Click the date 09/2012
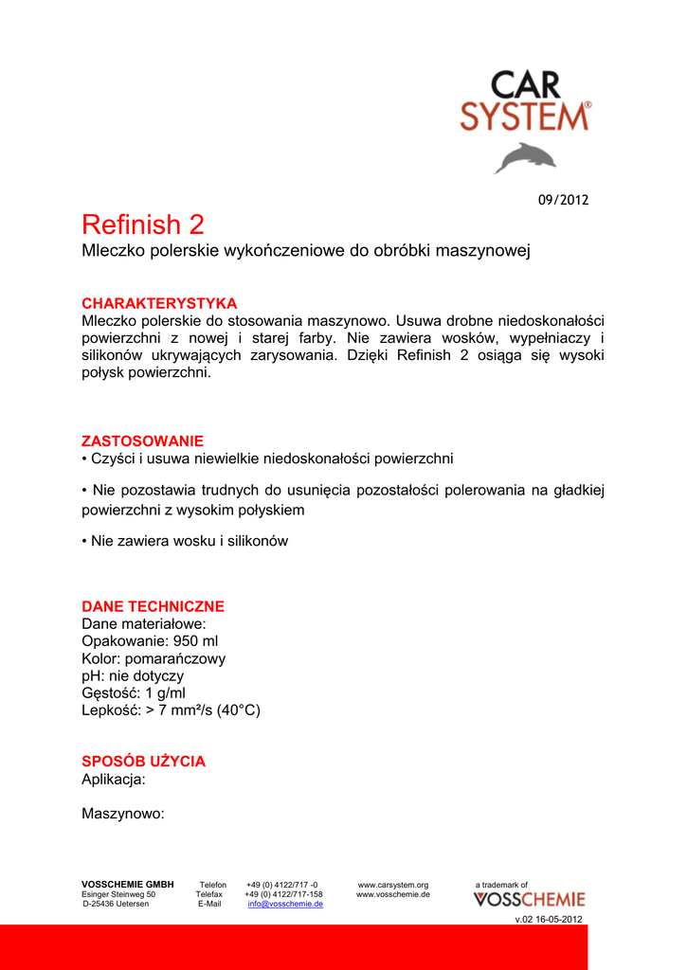[564, 200]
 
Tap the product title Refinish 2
[143, 225]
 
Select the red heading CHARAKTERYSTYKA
[159, 303]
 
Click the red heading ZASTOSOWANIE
[142, 440]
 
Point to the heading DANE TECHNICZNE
[153, 606]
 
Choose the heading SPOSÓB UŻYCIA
[143, 762]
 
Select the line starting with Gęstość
[133, 693]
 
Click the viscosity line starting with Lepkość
[171, 710]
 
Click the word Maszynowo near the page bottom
[123, 813]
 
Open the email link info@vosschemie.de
[285, 904]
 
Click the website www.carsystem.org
[393, 885]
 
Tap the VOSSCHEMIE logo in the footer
[530, 900]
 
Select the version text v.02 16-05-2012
[549, 920]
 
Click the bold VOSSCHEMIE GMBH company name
[128, 885]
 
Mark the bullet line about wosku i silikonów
[185, 541]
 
